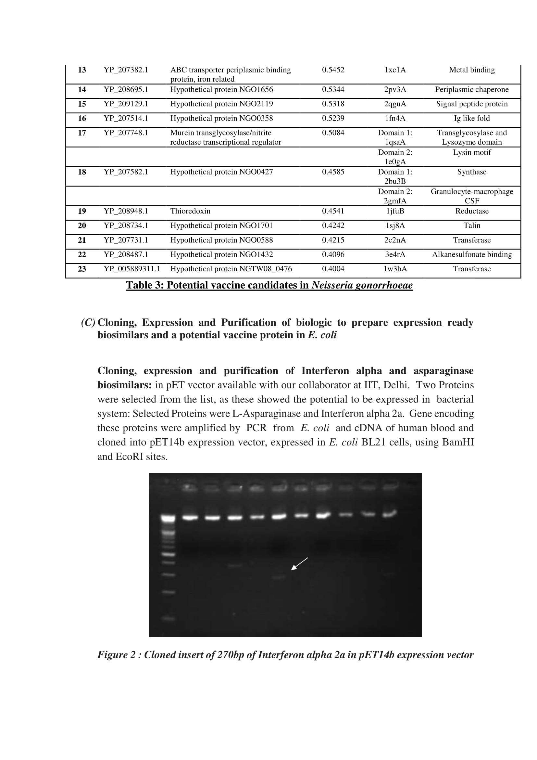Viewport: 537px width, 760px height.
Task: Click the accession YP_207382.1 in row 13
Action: click(x=126, y=70)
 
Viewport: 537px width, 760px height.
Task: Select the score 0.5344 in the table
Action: click(x=333, y=89)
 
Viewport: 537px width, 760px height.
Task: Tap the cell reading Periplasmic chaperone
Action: click(x=471, y=89)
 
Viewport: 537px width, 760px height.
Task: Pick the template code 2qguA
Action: click(x=395, y=104)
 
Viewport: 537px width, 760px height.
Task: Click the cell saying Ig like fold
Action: click(x=471, y=118)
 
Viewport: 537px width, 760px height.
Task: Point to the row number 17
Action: click(x=82, y=133)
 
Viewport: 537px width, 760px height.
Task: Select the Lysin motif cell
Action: click(x=471, y=152)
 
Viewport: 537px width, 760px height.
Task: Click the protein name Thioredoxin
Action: click(x=190, y=211)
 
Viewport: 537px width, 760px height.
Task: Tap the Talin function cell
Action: click(x=471, y=225)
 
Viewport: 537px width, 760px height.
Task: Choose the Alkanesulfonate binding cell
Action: click(x=471, y=254)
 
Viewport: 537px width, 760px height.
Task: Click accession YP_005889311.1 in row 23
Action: click(x=131, y=269)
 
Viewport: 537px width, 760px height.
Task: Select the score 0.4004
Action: click(x=333, y=269)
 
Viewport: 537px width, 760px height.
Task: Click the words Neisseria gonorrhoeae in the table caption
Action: click(x=362, y=285)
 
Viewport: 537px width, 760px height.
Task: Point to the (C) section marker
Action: click(x=88, y=322)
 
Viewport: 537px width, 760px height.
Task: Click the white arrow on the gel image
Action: click(x=299, y=564)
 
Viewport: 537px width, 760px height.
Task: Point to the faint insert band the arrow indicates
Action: click(x=279, y=578)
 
